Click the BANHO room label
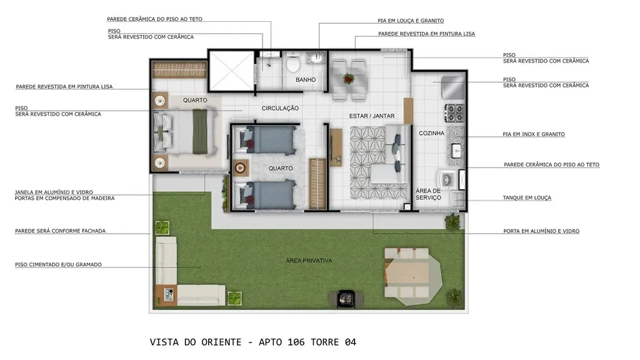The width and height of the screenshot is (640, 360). (306, 80)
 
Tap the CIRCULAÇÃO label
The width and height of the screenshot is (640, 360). (280, 108)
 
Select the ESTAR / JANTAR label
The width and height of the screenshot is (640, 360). (372, 116)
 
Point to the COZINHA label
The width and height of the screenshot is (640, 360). (431, 133)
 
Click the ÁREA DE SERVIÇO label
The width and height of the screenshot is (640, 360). (428, 194)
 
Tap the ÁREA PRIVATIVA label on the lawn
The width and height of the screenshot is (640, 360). (309, 261)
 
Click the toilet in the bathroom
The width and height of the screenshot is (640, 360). (292, 62)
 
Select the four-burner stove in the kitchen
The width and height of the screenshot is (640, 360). (454, 113)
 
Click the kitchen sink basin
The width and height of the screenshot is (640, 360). (456, 151)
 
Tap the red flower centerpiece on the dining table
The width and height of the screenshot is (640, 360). (349, 78)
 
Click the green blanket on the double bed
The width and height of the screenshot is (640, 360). (200, 132)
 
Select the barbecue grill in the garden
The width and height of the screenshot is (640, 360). (346, 298)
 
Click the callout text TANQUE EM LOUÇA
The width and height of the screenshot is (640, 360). (527, 197)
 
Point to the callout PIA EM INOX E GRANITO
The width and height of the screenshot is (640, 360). (534, 134)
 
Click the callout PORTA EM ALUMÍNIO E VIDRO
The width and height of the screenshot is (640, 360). (541, 231)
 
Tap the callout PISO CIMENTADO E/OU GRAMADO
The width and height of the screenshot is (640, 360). (58, 264)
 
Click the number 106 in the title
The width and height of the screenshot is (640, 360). (296, 342)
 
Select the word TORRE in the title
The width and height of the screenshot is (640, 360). (324, 342)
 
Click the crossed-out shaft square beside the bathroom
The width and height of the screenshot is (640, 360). (231, 71)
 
